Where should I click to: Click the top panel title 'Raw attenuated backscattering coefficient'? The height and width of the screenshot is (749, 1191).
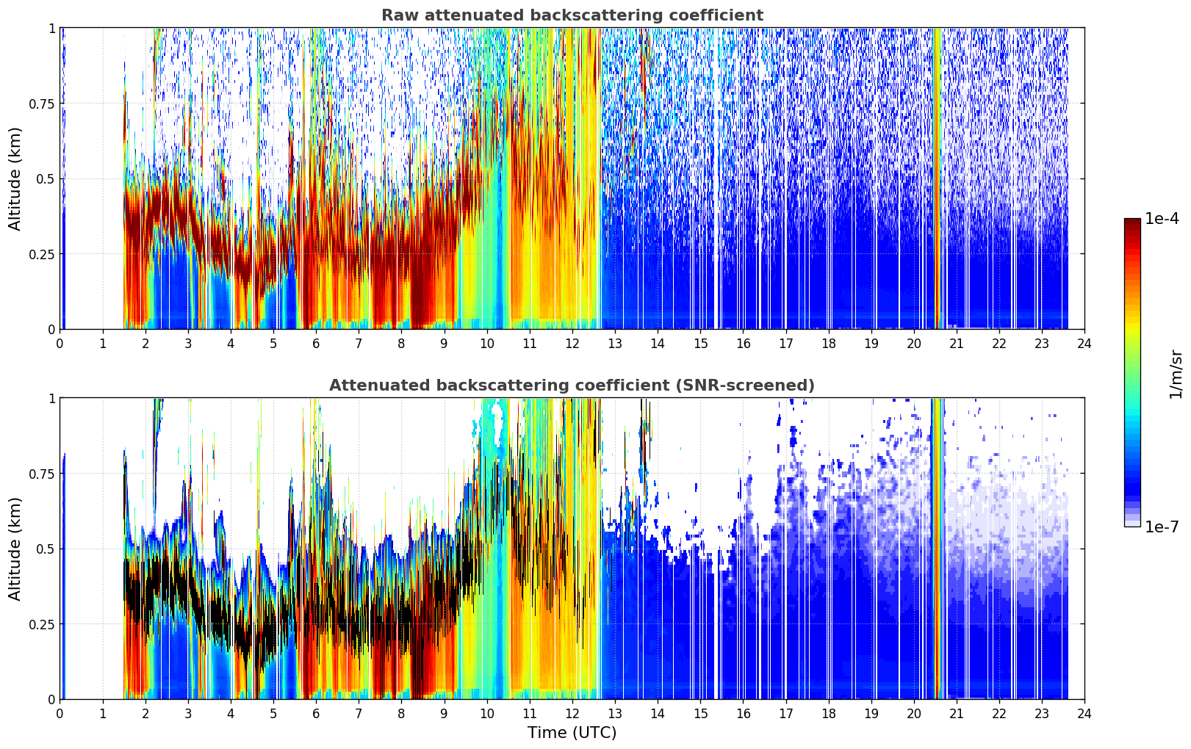point(572,15)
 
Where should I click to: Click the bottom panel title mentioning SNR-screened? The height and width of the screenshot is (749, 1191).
point(572,385)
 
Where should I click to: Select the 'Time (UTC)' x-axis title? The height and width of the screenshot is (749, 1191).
point(572,733)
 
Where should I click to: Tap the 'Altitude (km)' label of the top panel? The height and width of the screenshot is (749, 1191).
point(15,178)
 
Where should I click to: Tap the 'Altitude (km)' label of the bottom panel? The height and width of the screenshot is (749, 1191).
point(15,549)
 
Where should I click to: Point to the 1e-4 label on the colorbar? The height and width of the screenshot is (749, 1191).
point(1161,218)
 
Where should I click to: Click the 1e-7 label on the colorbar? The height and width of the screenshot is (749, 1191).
point(1161,527)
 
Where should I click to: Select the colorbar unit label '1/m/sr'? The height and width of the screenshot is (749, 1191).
point(1176,374)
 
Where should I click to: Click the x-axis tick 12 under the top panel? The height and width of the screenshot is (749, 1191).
point(572,344)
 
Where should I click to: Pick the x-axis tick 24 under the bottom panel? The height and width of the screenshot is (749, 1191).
point(1084,714)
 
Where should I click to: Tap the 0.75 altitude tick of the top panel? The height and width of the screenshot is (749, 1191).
point(41,104)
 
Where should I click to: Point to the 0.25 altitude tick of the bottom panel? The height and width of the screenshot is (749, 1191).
point(41,624)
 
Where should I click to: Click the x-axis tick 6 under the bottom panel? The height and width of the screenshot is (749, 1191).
point(316,714)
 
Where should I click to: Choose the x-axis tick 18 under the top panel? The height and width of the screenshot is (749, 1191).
point(828,344)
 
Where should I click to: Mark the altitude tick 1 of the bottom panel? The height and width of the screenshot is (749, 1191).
point(51,399)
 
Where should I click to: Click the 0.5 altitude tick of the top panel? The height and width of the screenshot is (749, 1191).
point(45,179)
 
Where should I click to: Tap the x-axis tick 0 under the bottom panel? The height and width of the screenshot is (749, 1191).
point(60,714)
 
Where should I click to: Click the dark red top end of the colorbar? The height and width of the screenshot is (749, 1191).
point(1132,221)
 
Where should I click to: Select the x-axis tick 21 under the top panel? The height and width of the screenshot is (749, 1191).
point(957,344)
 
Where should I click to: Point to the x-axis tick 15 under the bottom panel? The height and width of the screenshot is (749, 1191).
point(700,714)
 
